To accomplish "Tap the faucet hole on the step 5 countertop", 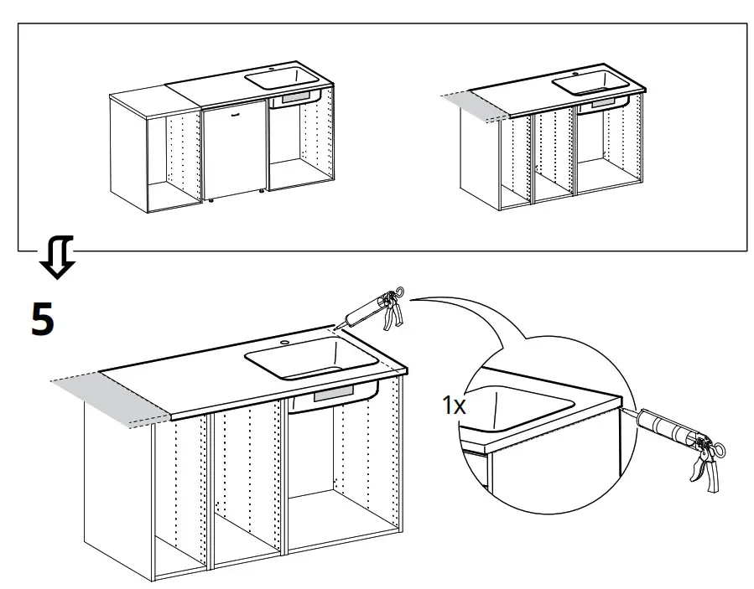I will point(284,343).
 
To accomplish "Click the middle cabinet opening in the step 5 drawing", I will point(249,486).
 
